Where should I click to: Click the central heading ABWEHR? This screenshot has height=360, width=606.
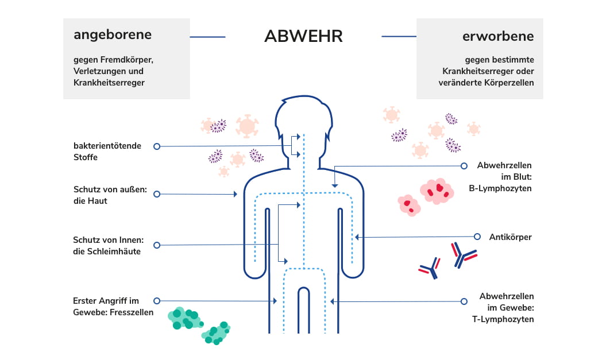303,36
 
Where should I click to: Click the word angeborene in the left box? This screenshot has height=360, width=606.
113,34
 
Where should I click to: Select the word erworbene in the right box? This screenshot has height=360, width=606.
498,36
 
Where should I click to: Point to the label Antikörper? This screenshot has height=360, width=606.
511,237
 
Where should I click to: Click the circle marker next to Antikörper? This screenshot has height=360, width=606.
477,237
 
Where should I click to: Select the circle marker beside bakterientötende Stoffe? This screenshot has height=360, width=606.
156,146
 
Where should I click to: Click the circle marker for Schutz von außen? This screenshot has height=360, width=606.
156,195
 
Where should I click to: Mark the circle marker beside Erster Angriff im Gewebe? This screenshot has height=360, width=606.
156,300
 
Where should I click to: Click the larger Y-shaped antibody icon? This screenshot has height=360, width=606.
464,255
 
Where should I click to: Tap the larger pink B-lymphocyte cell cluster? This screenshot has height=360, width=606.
437,191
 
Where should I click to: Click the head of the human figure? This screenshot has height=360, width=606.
303,118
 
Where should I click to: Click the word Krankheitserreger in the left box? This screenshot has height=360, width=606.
109,83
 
